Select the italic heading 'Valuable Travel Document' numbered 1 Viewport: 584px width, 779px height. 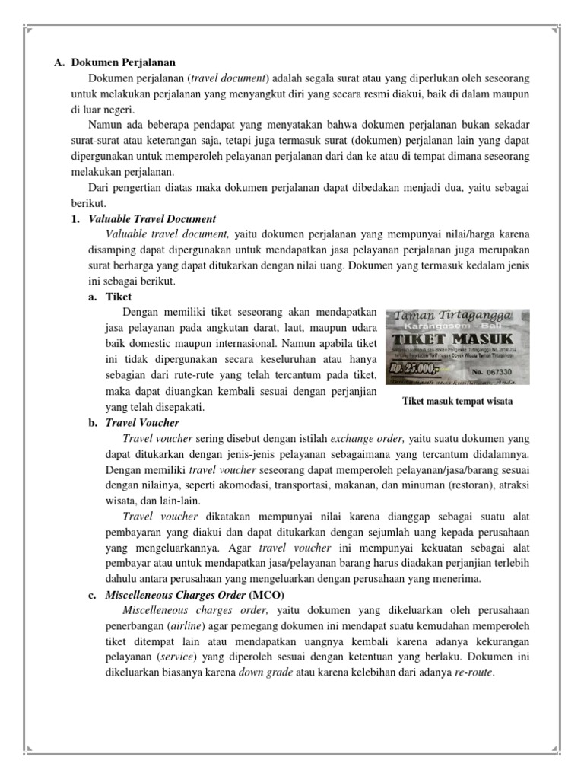152,219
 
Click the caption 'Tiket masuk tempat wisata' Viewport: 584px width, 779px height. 457,402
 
